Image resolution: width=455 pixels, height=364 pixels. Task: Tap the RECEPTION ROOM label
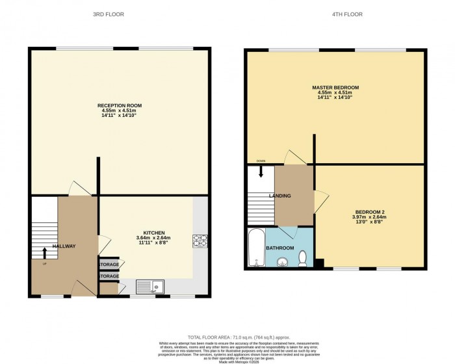(x=120, y=105)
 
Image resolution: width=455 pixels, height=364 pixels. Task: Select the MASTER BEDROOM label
(x=335, y=88)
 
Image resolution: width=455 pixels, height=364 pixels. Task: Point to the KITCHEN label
(x=154, y=233)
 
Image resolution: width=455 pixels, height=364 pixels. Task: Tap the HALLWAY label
(x=64, y=246)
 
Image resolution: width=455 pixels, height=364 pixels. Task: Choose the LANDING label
(x=280, y=196)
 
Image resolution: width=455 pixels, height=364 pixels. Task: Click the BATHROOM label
(x=281, y=248)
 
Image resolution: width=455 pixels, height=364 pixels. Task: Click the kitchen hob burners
(x=199, y=240)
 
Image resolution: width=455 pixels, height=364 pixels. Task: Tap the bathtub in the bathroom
(x=255, y=248)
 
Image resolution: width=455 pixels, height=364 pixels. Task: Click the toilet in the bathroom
(x=302, y=260)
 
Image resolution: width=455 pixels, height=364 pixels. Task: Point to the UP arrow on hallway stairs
(x=44, y=252)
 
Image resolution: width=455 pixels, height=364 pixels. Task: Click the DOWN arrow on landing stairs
(x=261, y=172)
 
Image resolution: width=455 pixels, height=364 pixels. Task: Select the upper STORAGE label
(x=109, y=265)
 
